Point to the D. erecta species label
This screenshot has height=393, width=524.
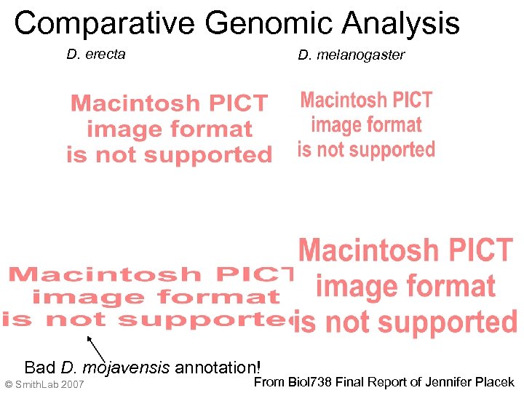(x=95, y=54)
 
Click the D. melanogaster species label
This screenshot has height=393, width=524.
(x=351, y=55)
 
